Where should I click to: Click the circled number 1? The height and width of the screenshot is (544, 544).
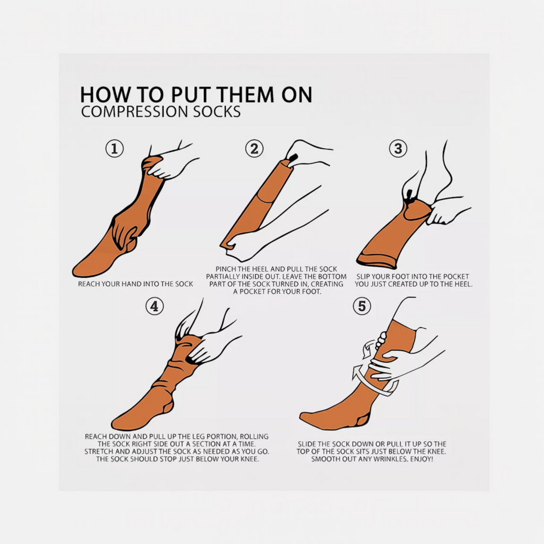(115, 149)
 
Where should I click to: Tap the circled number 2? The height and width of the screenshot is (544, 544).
(254, 149)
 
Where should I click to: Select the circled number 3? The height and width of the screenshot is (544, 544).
(398, 149)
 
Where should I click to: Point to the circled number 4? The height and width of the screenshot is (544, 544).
(155, 306)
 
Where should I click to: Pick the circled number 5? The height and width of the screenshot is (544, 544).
(362, 306)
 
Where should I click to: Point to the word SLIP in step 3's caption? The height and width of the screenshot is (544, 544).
(363, 276)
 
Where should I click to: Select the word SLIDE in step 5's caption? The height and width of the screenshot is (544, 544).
(308, 444)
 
